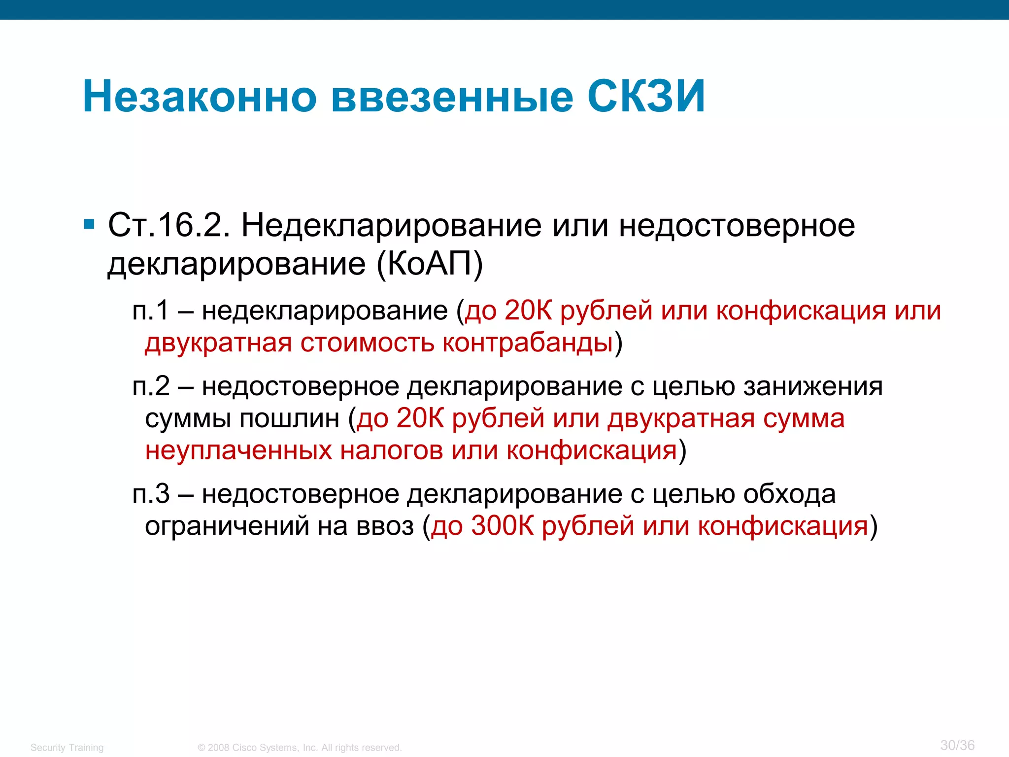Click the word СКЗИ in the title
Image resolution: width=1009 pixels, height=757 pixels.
646,97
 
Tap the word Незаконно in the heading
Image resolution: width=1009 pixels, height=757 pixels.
200,97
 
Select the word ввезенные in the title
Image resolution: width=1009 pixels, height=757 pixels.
452,97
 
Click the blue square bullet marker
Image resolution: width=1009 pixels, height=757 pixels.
89,225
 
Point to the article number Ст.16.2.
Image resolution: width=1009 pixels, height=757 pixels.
169,226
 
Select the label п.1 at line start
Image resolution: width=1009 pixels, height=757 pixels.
151,311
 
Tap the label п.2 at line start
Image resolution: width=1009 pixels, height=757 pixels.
151,386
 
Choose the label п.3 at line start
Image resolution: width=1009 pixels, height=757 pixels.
151,494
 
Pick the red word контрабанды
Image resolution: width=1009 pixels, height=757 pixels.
528,343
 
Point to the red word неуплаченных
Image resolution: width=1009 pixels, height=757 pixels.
238,450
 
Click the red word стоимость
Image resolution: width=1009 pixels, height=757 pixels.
367,343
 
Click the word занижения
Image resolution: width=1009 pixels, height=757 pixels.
813,386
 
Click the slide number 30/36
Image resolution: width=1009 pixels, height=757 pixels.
957,745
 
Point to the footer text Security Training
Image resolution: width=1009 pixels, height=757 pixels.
67,748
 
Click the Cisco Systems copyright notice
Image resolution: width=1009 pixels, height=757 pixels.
300,748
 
